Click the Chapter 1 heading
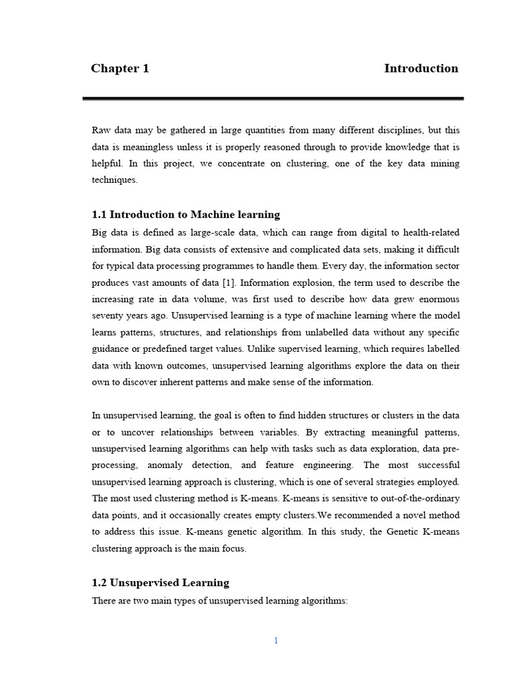click(x=119, y=69)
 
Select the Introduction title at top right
click(x=421, y=69)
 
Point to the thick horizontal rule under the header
click(x=273, y=98)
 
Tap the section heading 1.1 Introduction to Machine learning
click(x=186, y=215)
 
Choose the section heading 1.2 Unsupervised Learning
click(x=160, y=583)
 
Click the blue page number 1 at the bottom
click(x=276, y=640)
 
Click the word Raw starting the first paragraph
click(x=101, y=130)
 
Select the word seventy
click(x=108, y=316)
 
